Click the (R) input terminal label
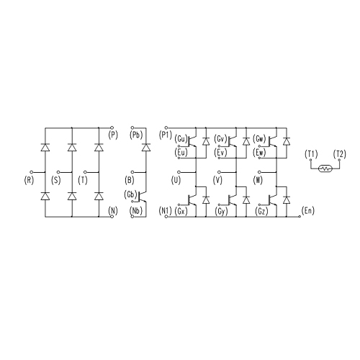tap(29, 180)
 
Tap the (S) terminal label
tap(56, 180)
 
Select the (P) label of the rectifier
tap(113, 135)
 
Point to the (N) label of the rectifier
tap(113, 211)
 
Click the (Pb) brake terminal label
tap(136, 135)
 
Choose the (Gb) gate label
tap(130, 194)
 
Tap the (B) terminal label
tap(130, 180)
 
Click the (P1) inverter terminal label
tap(166, 135)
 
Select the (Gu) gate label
tap(181, 139)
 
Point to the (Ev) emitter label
tap(220, 153)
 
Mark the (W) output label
tap(258, 180)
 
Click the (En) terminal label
tap(308, 211)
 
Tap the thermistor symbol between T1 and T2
tap(325, 168)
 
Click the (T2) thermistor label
tap(340, 154)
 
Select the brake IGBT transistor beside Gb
tap(143, 197)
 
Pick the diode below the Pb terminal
tap(146, 147)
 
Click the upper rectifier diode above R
tap(45, 147)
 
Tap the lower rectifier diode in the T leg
tap(99, 196)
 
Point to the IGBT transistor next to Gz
tap(272, 199)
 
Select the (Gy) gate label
tap(221, 212)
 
